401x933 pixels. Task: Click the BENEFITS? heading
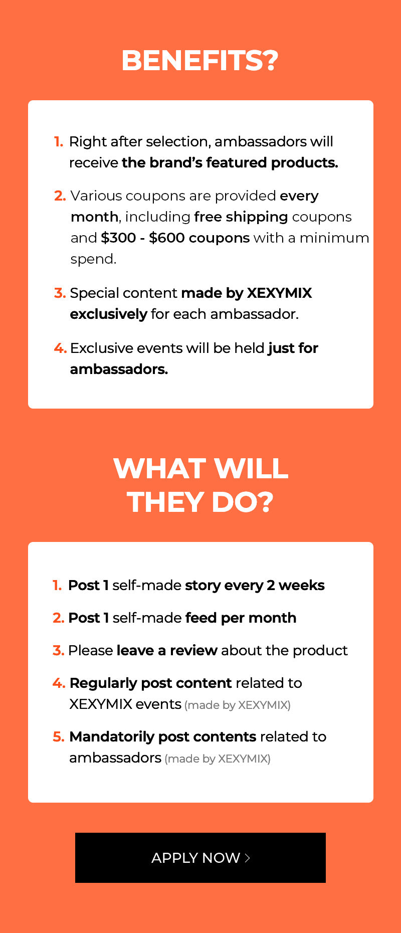199,61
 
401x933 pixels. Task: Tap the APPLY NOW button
200,857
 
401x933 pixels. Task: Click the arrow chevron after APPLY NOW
247,858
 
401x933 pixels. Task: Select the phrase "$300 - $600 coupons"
175,238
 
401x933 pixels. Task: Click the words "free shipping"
241,217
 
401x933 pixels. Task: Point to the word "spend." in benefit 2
93,259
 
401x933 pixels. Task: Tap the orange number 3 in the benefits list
60,293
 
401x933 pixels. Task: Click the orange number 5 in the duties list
59,736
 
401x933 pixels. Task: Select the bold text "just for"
293,348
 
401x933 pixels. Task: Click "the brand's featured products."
230,162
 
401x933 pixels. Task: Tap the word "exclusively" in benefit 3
108,314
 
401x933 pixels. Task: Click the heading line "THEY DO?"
200,502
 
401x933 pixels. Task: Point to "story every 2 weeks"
255,586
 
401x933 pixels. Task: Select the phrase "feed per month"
241,618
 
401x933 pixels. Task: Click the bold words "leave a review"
167,650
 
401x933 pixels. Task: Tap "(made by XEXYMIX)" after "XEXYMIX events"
238,705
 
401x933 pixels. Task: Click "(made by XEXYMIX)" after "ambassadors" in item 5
218,759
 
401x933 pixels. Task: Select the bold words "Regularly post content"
151,683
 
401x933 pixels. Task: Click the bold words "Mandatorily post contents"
163,737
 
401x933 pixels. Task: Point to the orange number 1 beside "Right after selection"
59,142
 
